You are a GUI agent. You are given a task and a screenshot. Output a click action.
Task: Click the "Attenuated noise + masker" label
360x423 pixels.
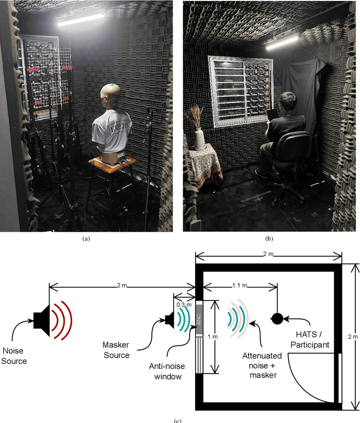point(259,364)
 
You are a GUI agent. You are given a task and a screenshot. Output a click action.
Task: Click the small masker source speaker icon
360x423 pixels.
point(169,319)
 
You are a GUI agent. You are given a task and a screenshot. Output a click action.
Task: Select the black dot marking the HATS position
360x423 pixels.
point(277,319)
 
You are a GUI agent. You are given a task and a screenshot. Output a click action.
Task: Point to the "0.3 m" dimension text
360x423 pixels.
point(184,304)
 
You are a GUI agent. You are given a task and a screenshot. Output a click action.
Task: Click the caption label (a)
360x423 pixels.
point(85,238)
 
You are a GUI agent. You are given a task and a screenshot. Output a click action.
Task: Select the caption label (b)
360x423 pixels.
point(269,238)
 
